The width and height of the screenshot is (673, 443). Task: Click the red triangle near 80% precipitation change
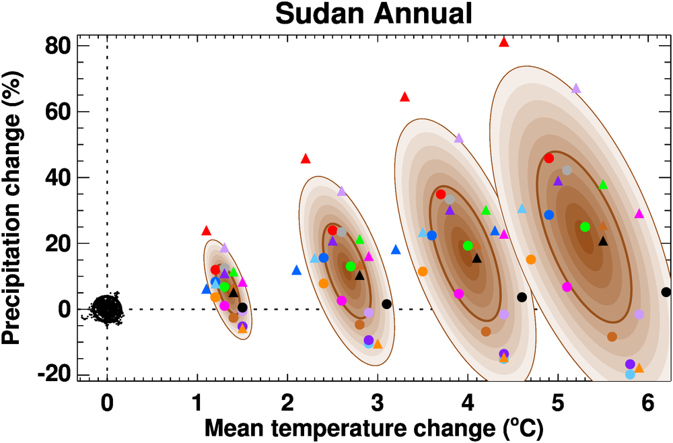pyautogui.click(x=503, y=42)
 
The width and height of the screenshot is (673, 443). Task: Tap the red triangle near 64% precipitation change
pyautogui.click(x=404, y=97)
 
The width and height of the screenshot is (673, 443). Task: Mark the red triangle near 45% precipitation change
pyautogui.click(x=306, y=159)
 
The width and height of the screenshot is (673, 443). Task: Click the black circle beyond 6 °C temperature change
pyautogui.click(x=666, y=292)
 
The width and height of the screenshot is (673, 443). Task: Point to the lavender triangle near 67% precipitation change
pyautogui.click(x=576, y=88)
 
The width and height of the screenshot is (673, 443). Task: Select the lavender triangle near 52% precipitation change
pyautogui.click(x=459, y=138)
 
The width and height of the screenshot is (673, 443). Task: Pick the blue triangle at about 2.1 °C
pyautogui.click(x=296, y=271)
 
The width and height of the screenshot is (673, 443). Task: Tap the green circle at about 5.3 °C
pyautogui.click(x=585, y=227)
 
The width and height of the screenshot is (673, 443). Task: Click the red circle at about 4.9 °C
pyautogui.click(x=548, y=158)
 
